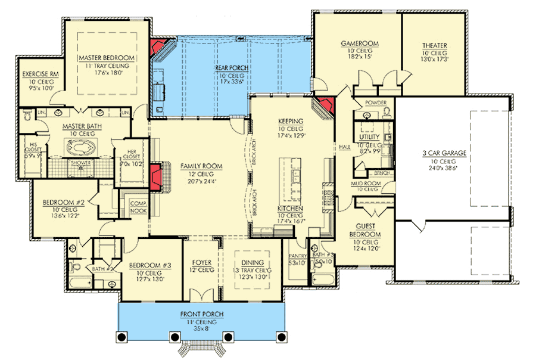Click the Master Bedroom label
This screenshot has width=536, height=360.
pyautogui.click(x=107, y=58)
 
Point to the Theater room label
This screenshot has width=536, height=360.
pyautogui.click(x=435, y=46)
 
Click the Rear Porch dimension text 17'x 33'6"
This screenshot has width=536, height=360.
pyautogui.click(x=233, y=82)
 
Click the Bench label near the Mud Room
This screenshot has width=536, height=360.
pyautogui.click(x=382, y=173)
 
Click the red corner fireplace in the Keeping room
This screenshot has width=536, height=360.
pyautogui.click(x=324, y=108)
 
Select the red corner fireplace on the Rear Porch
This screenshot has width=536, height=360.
pyautogui.click(x=159, y=48)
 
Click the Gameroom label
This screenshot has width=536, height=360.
pyautogui.click(x=357, y=44)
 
